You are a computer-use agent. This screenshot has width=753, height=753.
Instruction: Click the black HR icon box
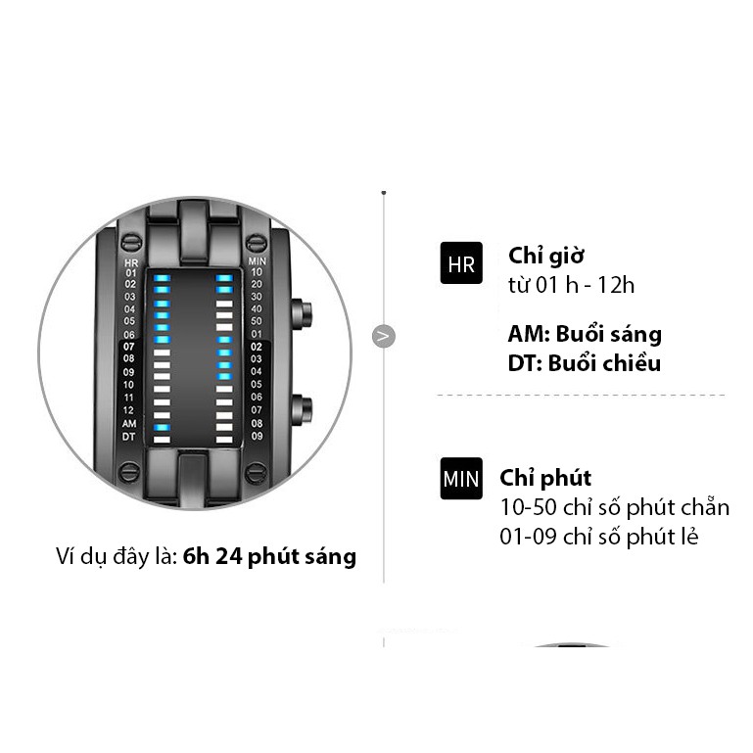pyautogui.click(x=461, y=263)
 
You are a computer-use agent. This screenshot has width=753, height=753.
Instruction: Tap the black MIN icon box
pyautogui.click(x=461, y=479)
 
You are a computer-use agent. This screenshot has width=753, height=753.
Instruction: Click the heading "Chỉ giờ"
pyautogui.click(x=545, y=257)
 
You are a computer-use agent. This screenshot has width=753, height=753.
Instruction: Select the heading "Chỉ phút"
pyautogui.click(x=545, y=478)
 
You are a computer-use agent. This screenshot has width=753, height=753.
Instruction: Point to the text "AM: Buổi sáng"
pyautogui.click(x=585, y=334)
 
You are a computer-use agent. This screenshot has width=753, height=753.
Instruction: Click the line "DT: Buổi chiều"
pyautogui.click(x=585, y=363)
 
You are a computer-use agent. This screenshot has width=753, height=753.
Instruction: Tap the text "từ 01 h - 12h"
pyautogui.click(x=572, y=285)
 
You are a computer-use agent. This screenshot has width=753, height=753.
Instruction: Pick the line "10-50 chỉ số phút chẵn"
pyautogui.click(x=615, y=507)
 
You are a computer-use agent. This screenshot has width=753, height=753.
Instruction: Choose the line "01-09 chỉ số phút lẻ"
pyautogui.click(x=599, y=537)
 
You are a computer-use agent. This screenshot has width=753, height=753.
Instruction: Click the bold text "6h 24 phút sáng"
pyautogui.click(x=269, y=557)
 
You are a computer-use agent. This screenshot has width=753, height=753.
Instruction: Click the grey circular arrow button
pyautogui.click(x=384, y=337)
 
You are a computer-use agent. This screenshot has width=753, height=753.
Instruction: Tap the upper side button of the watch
pyautogui.click(x=305, y=314)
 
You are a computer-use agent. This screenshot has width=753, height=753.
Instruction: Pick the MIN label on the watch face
pyautogui.click(x=257, y=261)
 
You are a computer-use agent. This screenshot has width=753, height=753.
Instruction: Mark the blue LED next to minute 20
pyautogui.click(x=224, y=291)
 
